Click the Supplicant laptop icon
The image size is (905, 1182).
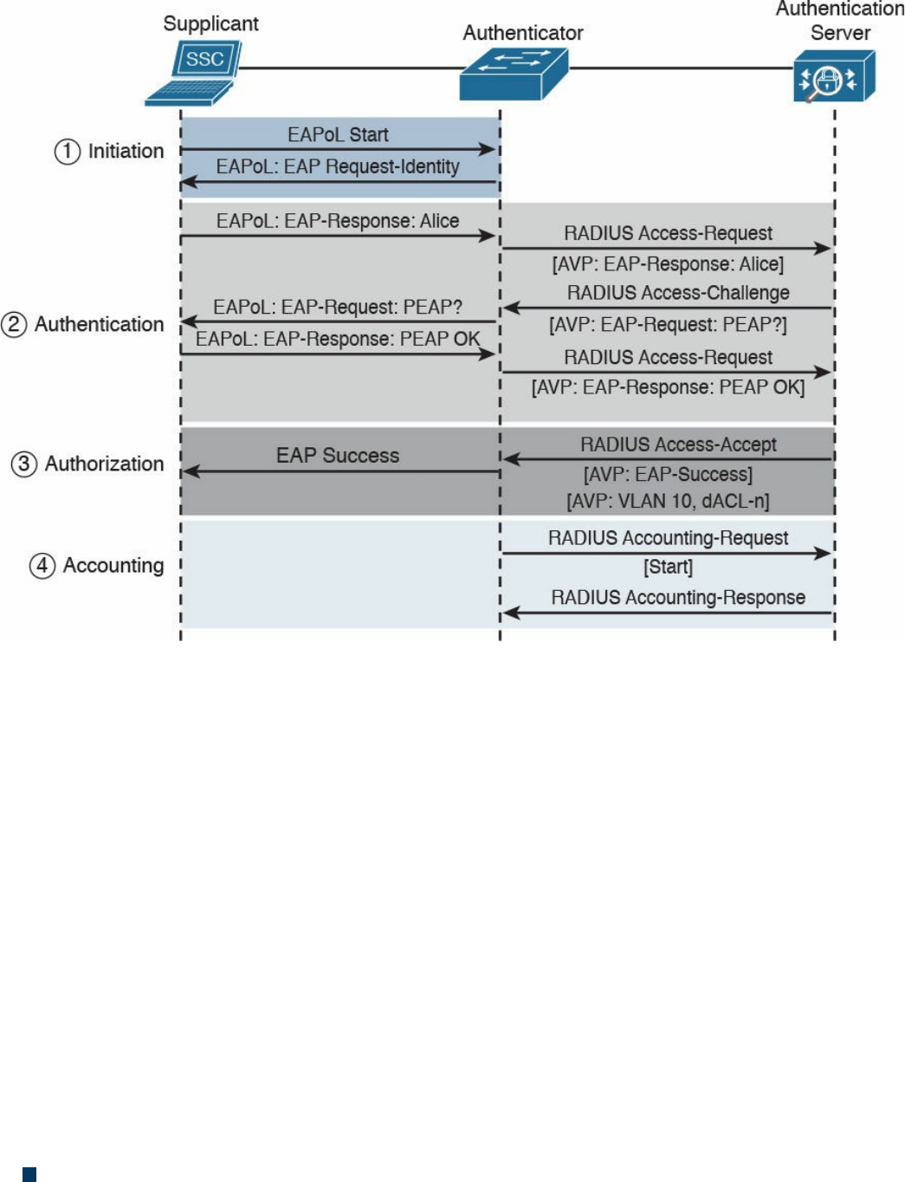tap(193, 74)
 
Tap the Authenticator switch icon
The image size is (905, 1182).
tap(514, 74)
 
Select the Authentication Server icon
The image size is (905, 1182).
tap(833, 76)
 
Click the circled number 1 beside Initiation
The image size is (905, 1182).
tap(68, 152)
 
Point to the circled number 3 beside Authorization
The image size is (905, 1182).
tap(23, 464)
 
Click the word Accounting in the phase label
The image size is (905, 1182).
tap(113, 566)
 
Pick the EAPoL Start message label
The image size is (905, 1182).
tap(338, 135)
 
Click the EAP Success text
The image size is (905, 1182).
tap(338, 456)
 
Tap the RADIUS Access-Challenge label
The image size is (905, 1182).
tap(678, 293)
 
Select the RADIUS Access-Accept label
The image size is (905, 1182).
tap(678, 445)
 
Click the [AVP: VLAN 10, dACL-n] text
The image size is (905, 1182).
tap(668, 501)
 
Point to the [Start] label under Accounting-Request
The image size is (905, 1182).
tap(668, 567)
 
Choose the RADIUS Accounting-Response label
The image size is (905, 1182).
tap(678, 598)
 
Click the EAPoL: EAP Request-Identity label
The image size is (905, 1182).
tap(338, 166)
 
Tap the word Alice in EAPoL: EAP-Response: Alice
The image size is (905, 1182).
tap(439, 221)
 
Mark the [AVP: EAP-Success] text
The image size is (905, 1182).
tap(668, 474)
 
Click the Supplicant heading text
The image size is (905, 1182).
tap(210, 23)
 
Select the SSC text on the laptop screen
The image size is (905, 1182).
tap(205, 59)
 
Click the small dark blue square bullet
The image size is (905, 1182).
tap(29, 1174)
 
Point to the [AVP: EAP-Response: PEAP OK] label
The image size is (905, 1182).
tap(668, 387)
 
